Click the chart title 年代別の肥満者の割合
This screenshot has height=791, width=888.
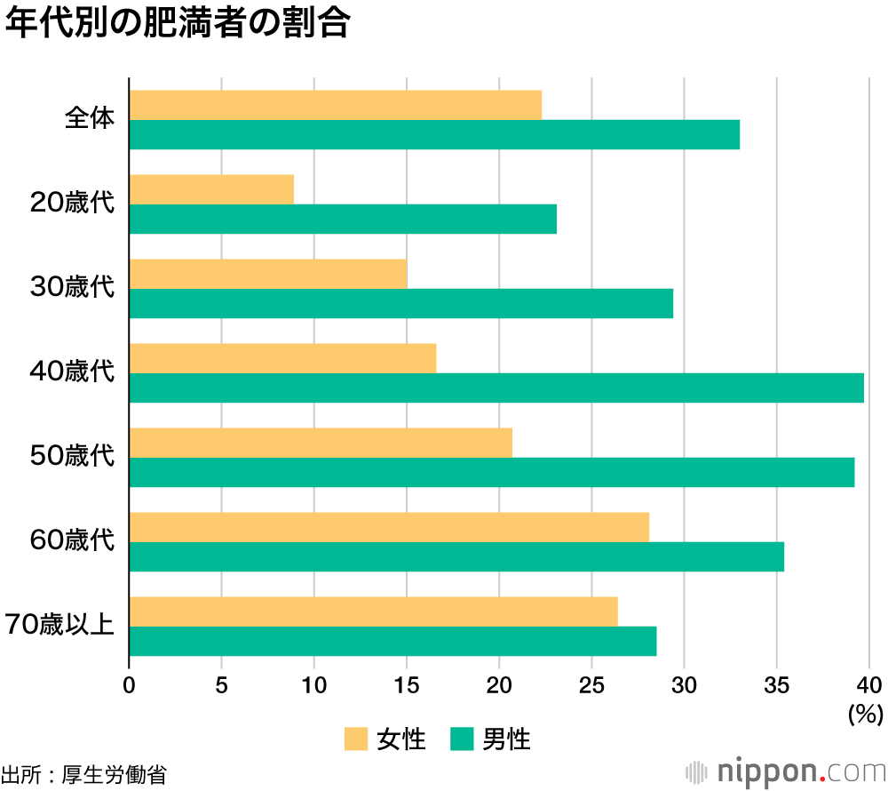point(177,24)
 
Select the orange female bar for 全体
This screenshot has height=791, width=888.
point(335,105)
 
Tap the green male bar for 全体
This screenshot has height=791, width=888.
point(434,135)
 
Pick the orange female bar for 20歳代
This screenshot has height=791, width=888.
point(211,189)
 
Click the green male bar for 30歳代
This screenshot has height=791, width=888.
point(400,304)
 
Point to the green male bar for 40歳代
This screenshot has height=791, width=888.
point(496,388)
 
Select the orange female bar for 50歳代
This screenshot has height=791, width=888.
point(321,443)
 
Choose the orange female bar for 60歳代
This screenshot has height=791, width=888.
point(389,527)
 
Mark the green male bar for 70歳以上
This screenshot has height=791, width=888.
point(392,641)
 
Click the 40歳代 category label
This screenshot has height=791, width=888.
point(73,372)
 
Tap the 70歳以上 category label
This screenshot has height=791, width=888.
point(59,626)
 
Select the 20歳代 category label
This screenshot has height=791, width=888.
point(73,204)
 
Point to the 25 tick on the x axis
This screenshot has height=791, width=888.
point(591,685)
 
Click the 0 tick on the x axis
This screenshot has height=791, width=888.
point(130,685)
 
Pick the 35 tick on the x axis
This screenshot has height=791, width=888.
point(777,685)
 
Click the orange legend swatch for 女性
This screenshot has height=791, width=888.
point(356,739)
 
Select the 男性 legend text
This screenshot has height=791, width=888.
point(506,739)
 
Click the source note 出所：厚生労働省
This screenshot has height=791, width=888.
point(83,773)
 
